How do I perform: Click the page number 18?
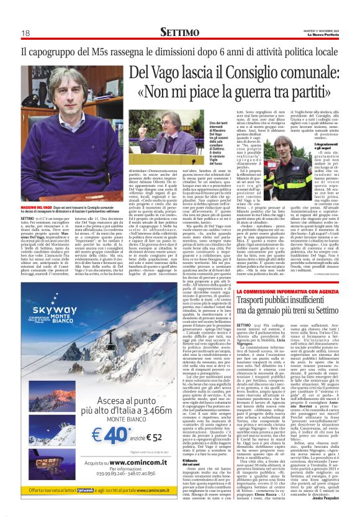click(x=26, y=33)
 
